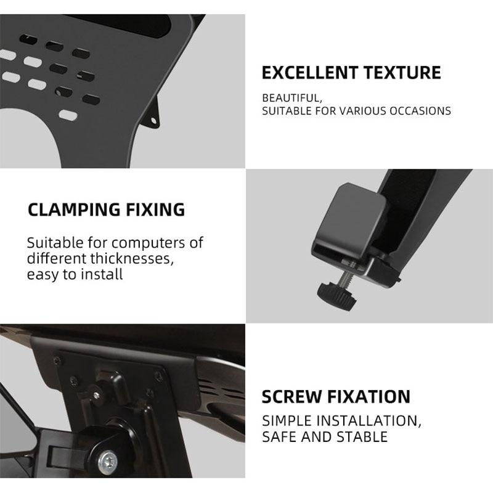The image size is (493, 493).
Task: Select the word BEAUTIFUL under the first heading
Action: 291,98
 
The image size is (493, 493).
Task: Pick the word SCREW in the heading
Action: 290,396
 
